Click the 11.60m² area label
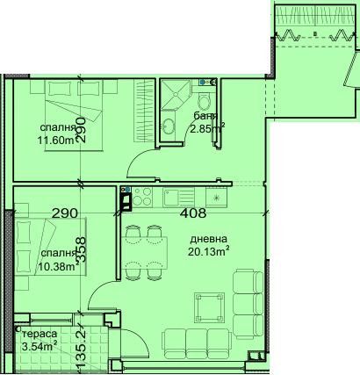click(56, 141)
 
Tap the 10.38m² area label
click(59, 266)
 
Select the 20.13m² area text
click(208, 251)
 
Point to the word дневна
click(208, 239)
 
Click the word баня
click(205, 116)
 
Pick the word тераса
click(40, 334)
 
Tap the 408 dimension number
click(193, 213)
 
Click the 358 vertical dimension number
click(82, 249)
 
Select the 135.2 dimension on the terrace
click(82, 349)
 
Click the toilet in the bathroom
click(204, 100)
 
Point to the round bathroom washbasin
click(168, 126)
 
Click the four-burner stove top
click(142, 197)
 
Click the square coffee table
click(209, 307)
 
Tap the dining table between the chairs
click(144, 253)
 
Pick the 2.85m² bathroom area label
click(207, 128)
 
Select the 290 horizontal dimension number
click(65, 213)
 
